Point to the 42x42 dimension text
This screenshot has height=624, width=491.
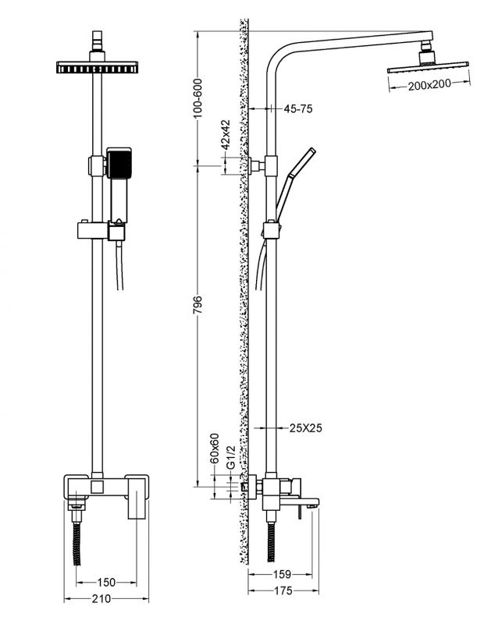(x=224, y=135)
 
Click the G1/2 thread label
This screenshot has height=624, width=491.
(x=229, y=458)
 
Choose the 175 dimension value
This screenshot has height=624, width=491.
(x=281, y=591)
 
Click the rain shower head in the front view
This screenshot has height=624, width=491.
(x=98, y=68)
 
